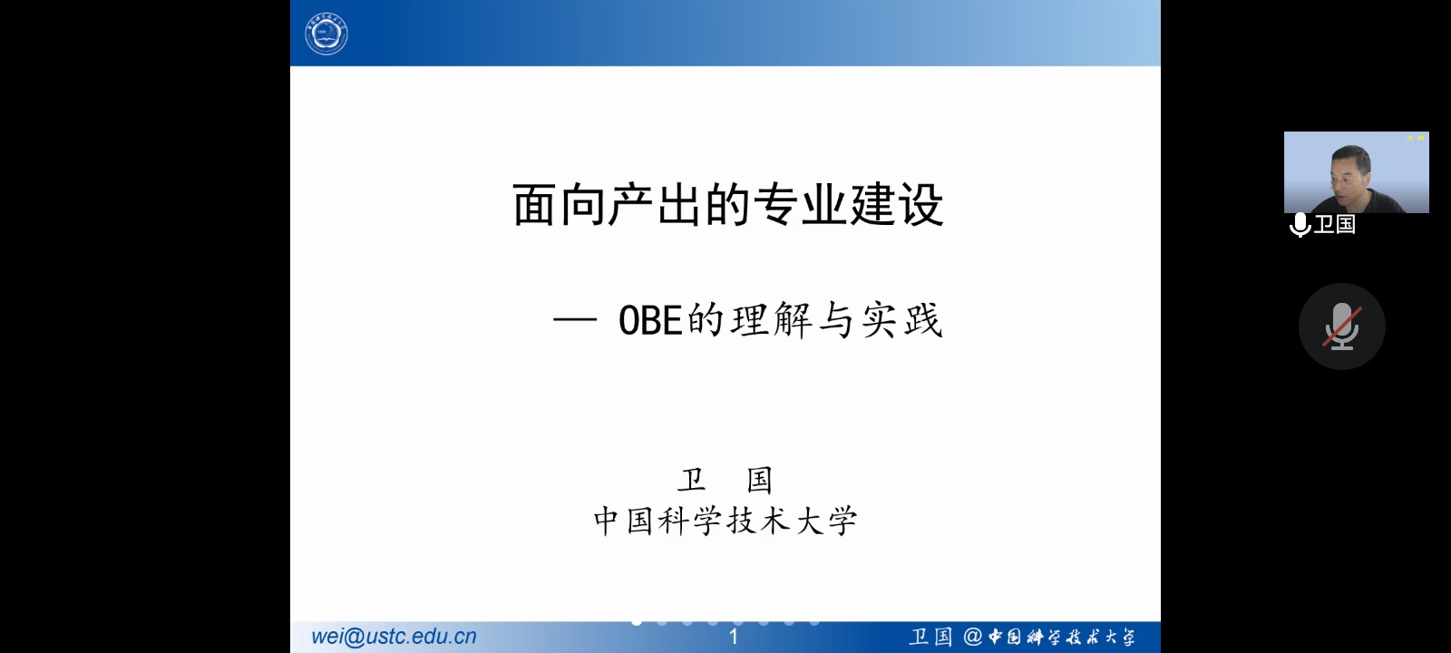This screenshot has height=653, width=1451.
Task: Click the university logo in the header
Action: click(x=326, y=34)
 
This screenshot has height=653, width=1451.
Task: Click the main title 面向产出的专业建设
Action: click(x=727, y=205)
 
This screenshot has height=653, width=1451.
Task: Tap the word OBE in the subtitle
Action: click(x=650, y=320)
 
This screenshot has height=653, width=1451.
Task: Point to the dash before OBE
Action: click(x=575, y=319)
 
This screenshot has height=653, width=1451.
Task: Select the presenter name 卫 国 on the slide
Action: click(x=725, y=480)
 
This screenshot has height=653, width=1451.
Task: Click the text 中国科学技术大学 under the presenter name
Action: click(x=725, y=521)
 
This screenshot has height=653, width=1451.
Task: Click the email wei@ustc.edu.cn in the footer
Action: click(x=394, y=637)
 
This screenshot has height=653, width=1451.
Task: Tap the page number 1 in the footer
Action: click(x=734, y=637)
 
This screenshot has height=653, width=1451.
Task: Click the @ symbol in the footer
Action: click(x=972, y=637)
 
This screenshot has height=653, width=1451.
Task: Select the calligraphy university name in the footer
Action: click(x=1061, y=637)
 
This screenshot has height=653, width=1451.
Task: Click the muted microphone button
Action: click(x=1341, y=326)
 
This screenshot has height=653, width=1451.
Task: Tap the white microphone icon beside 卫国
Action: click(x=1300, y=225)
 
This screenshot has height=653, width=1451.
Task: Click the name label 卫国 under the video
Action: click(x=1334, y=224)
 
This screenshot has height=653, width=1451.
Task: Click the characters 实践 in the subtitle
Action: click(x=901, y=320)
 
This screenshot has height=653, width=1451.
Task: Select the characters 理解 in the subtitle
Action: click(x=771, y=320)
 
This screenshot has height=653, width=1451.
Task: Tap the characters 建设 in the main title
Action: click(x=896, y=205)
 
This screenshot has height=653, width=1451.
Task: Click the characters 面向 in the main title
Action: click(x=559, y=205)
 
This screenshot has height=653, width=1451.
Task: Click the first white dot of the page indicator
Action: click(x=637, y=622)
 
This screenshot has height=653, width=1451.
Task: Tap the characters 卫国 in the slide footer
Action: click(x=930, y=637)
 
